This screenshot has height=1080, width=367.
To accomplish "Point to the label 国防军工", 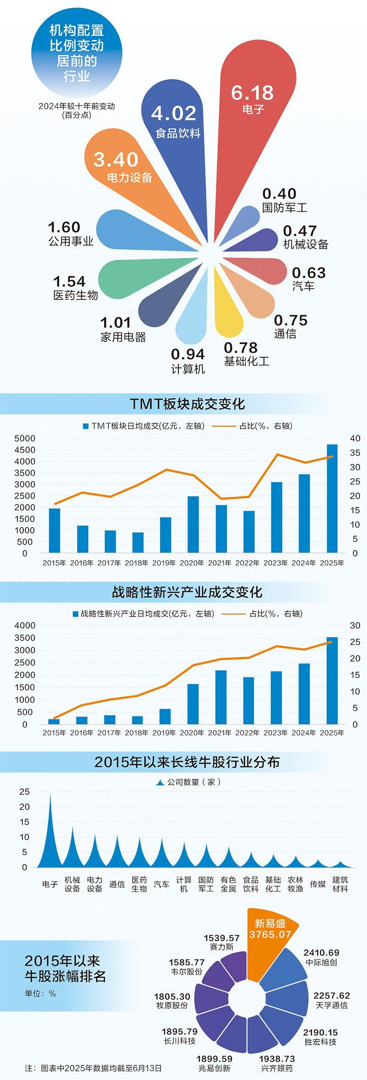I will [x=284, y=208].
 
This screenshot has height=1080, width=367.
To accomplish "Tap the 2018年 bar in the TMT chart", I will [x=138, y=542].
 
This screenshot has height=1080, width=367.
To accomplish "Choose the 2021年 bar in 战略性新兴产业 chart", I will [x=221, y=697].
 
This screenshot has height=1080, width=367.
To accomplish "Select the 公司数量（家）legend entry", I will [x=188, y=782].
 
